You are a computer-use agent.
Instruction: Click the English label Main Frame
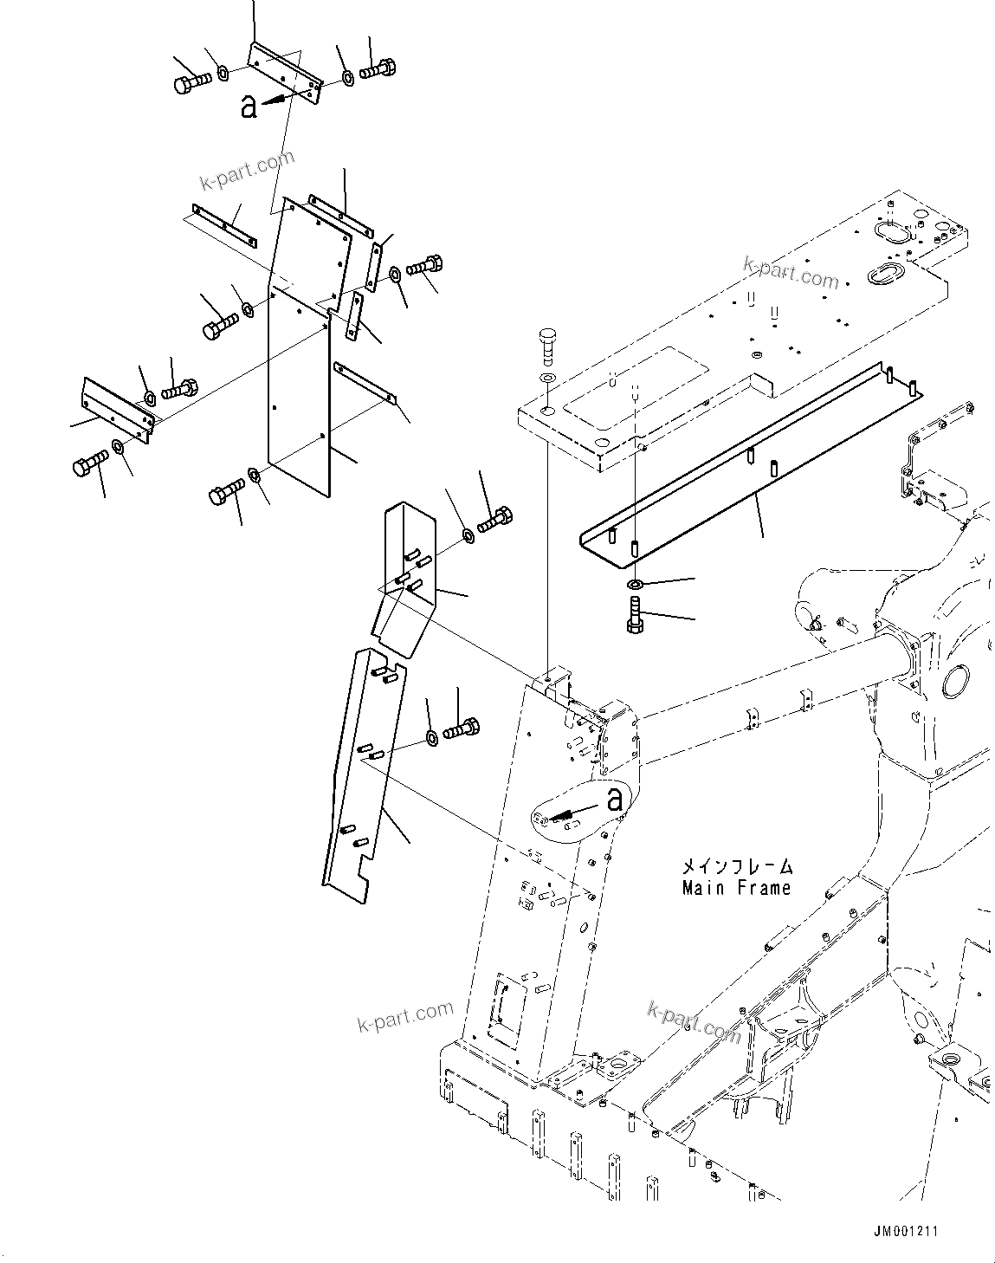736,888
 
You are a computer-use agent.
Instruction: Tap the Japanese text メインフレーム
736,866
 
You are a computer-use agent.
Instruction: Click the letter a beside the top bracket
249,107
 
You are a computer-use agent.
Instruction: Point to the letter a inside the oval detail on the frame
615,799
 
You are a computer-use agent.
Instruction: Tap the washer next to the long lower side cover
430,739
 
